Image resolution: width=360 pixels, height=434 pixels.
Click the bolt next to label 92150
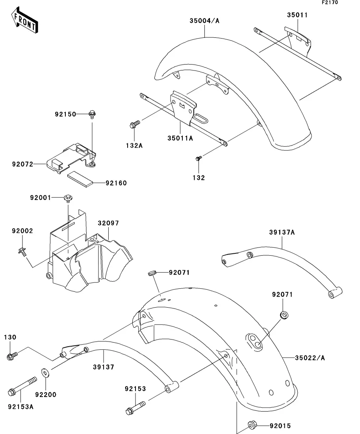pyautogui.click(x=92, y=114)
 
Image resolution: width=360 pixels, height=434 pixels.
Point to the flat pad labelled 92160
pyautogui.click(x=80, y=177)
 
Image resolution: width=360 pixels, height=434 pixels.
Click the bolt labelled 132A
pyautogui.click(x=134, y=125)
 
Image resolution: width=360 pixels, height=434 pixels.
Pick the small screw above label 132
pyautogui.click(x=199, y=158)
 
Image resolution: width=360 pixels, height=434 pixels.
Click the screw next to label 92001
pyautogui.click(x=68, y=198)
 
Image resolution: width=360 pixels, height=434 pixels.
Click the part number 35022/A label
pyautogui.click(x=310, y=358)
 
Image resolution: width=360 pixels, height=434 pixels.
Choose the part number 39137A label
pyautogui.click(x=282, y=233)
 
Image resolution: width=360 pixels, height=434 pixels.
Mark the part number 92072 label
pyautogui.click(x=22, y=163)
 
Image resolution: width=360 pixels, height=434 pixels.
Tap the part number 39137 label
pyautogui.click(x=103, y=367)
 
